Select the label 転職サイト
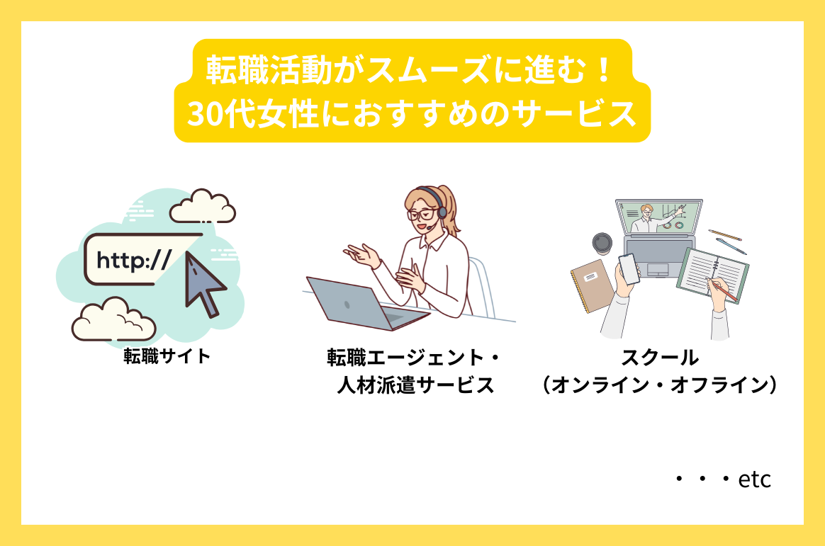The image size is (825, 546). pyautogui.click(x=167, y=356)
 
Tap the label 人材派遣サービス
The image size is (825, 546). pyautogui.click(x=414, y=386)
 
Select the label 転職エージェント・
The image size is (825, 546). pyautogui.click(x=414, y=358)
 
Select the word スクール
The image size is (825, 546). pyautogui.click(x=660, y=357)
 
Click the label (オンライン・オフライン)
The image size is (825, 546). pyautogui.click(x=660, y=385)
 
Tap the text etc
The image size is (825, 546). pyautogui.click(x=754, y=480)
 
